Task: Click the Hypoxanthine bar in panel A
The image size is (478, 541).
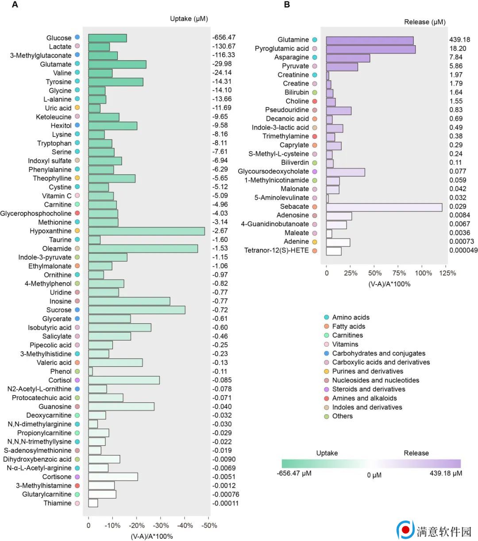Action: [146, 231]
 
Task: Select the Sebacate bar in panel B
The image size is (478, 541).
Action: [384, 206]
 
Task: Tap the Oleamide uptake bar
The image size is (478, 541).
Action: [143, 249]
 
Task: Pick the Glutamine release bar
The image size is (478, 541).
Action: [370, 40]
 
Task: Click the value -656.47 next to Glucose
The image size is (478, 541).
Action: [224, 38]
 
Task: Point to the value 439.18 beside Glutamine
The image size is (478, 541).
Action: [459, 40]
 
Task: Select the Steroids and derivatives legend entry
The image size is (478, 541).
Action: [368, 389]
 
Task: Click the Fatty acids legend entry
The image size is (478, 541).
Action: [348, 326]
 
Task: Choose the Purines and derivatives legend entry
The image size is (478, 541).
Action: [367, 371]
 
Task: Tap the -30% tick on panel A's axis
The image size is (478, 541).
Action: [161, 525]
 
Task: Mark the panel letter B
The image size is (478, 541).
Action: [287, 5]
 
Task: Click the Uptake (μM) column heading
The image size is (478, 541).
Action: [189, 19]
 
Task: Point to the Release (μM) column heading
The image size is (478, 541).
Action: [425, 22]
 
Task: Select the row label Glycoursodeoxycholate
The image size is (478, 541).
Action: [273, 171]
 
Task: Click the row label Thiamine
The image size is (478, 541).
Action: [57, 503]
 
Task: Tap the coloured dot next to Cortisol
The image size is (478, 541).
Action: [77, 380]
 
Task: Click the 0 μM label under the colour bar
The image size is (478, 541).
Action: [374, 475]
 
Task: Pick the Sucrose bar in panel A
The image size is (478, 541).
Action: [137, 310]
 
